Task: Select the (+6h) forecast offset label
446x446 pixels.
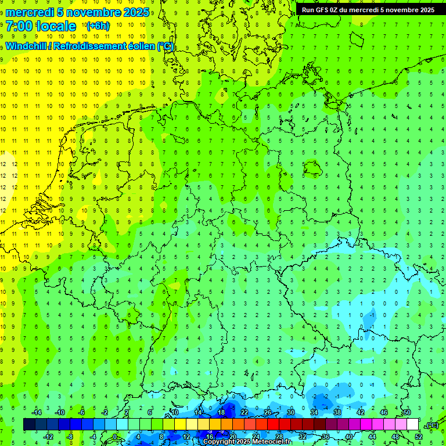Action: click(97, 26)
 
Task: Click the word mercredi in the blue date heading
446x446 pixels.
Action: click(30, 12)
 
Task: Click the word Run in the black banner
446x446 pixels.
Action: click(308, 9)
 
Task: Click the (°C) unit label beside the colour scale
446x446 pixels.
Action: click(431, 426)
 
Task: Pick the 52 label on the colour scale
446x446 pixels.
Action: click(419, 437)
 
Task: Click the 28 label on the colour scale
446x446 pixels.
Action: click(279, 437)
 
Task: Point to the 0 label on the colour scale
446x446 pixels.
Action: click(115, 437)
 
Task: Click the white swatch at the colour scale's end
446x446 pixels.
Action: click(413, 425)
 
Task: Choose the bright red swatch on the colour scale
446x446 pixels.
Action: click(273, 425)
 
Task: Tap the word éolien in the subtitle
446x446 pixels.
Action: click(140, 46)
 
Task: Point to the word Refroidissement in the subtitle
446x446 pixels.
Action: click(89, 46)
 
